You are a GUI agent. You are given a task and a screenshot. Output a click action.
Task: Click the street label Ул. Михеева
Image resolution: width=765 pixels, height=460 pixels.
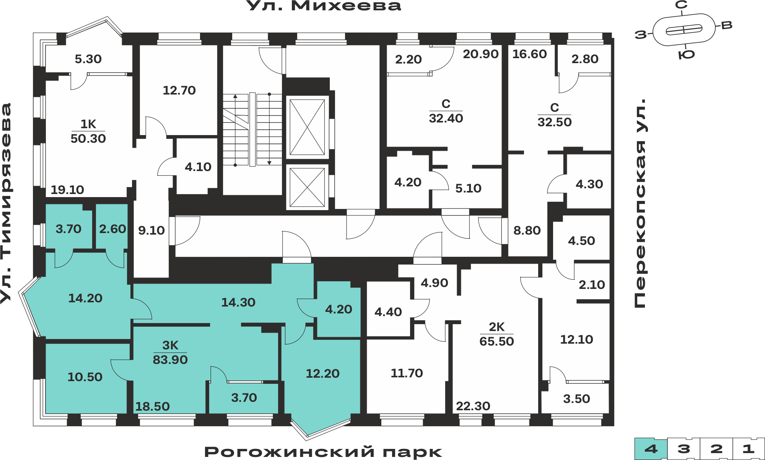pyautogui.click(x=324, y=6)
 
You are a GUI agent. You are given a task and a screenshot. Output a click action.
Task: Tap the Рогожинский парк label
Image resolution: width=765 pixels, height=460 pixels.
pyautogui.click(x=323, y=452)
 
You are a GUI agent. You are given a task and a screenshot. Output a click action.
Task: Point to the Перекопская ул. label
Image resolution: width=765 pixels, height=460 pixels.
pyautogui.click(x=640, y=203)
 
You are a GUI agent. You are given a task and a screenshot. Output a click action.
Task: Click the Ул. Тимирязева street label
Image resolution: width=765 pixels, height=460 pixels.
pyautogui.click(x=6, y=203)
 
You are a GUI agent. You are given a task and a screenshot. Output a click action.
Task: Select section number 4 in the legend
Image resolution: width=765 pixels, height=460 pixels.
pyautogui.click(x=651, y=449)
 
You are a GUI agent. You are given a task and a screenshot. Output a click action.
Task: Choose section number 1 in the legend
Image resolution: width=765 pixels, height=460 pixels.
pyautogui.click(x=749, y=449)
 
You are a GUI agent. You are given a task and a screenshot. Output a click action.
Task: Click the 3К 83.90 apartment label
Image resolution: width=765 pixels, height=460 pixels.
pyautogui.click(x=170, y=352)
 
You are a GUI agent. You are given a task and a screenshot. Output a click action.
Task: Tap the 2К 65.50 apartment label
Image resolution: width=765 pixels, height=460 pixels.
pyautogui.click(x=496, y=334)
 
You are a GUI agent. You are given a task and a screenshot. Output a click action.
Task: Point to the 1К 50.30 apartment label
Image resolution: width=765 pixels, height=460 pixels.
pyautogui.click(x=88, y=131)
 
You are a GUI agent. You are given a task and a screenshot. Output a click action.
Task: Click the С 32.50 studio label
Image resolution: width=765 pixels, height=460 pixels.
pyautogui.click(x=554, y=115)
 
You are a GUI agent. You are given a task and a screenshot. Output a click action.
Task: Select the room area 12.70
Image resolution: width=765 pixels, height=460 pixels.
pyautogui.click(x=179, y=90)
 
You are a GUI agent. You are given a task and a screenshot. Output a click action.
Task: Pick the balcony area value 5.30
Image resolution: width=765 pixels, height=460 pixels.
pyautogui.click(x=88, y=59)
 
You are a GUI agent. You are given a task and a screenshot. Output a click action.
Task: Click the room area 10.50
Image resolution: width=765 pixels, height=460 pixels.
pyautogui.click(x=85, y=377)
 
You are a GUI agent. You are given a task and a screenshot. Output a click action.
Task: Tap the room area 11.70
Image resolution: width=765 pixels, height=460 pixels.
pyautogui.click(x=407, y=373)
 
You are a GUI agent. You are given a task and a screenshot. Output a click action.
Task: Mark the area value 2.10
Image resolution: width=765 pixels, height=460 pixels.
pyautogui.click(x=592, y=285)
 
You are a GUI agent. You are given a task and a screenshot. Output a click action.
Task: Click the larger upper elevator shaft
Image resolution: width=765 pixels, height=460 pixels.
pyautogui.click(x=307, y=127)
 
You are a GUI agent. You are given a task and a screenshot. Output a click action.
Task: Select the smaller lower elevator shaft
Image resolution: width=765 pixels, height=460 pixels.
pyautogui.click(x=307, y=187)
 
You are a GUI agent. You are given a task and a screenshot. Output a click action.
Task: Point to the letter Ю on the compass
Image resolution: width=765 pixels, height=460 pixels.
pyautogui.click(x=687, y=55)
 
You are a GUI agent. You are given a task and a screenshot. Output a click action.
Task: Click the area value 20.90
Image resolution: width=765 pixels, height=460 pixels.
pyautogui.click(x=481, y=54)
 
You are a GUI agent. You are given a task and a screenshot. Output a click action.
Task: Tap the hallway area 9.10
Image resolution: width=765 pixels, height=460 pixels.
pyautogui.click(x=151, y=230)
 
